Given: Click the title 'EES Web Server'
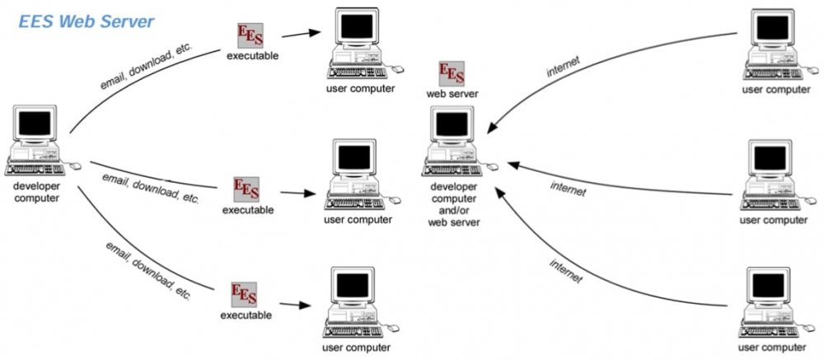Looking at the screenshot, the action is click(87, 21).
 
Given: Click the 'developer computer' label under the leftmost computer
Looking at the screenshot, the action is click(36, 192).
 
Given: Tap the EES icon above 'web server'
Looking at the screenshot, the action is click(452, 73).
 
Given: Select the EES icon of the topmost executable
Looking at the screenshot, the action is click(250, 35).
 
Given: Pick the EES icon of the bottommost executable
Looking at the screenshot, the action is click(245, 295).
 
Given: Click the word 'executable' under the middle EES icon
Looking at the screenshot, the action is click(248, 210).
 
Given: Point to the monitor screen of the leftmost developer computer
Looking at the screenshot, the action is click(35, 124).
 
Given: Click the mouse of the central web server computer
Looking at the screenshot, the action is click(493, 167).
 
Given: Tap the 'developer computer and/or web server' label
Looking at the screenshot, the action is click(454, 204).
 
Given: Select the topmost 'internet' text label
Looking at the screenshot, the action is click(564, 67).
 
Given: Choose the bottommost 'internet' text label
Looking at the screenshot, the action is click(566, 271).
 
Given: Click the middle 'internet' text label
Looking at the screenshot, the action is click(568, 189).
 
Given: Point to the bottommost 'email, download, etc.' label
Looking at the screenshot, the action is click(147, 271).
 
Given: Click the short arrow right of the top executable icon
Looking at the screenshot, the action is click(301, 34).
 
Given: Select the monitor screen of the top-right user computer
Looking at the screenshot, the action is click(773, 28).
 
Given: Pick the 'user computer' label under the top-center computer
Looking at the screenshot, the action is click(361, 88).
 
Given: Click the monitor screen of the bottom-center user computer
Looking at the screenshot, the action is click(353, 285).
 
